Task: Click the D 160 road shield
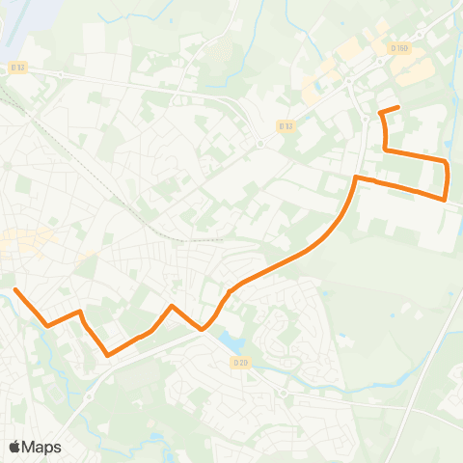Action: [x=400, y=47]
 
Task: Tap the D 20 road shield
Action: [x=240, y=362]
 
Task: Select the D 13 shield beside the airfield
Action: [x=17, y=68]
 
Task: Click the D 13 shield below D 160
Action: [x=285, y=125]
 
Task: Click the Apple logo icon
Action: [x=15, y=447]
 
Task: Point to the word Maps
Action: [x=41, y=447]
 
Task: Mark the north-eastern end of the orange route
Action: [x=398, y=106]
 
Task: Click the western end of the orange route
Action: [x=15, y=288]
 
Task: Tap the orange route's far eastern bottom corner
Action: [x=444, y=199]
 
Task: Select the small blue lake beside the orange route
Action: [x=231, y=341]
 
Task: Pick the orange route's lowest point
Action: [x=107, y=354]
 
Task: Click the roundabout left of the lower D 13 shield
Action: [x=260, y=143]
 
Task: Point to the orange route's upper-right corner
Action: [x=447, y=162]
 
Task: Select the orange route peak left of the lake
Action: [x=172, y=306]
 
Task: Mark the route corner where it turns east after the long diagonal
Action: [x=357, y=177]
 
